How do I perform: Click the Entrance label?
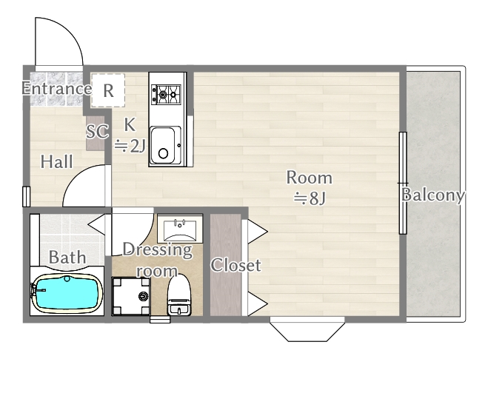pyautogui.click(x=56, y=89)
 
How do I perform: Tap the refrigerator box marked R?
pyautogui.click(x=108, y=90)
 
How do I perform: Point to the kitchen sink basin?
pyautogui.click(x=164, y=144)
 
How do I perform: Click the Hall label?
pyautogui.click(x=56, y=161)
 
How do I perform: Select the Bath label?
pyautogui.click(x=67, y=258)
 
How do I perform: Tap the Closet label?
pyautogui.click(x=235, y=265)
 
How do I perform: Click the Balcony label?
pyautogui.click(x=433, y=195)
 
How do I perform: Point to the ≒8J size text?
pyautogui.click(x=309, y=198)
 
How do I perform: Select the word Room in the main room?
pyautogui.click(x=309, y=178)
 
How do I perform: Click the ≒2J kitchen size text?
pyautogui.click(x=130, y=146)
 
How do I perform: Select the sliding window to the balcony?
pyautogui.click(x=403, y=183)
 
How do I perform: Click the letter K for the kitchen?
pyautogui.click(x=130, y=124)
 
